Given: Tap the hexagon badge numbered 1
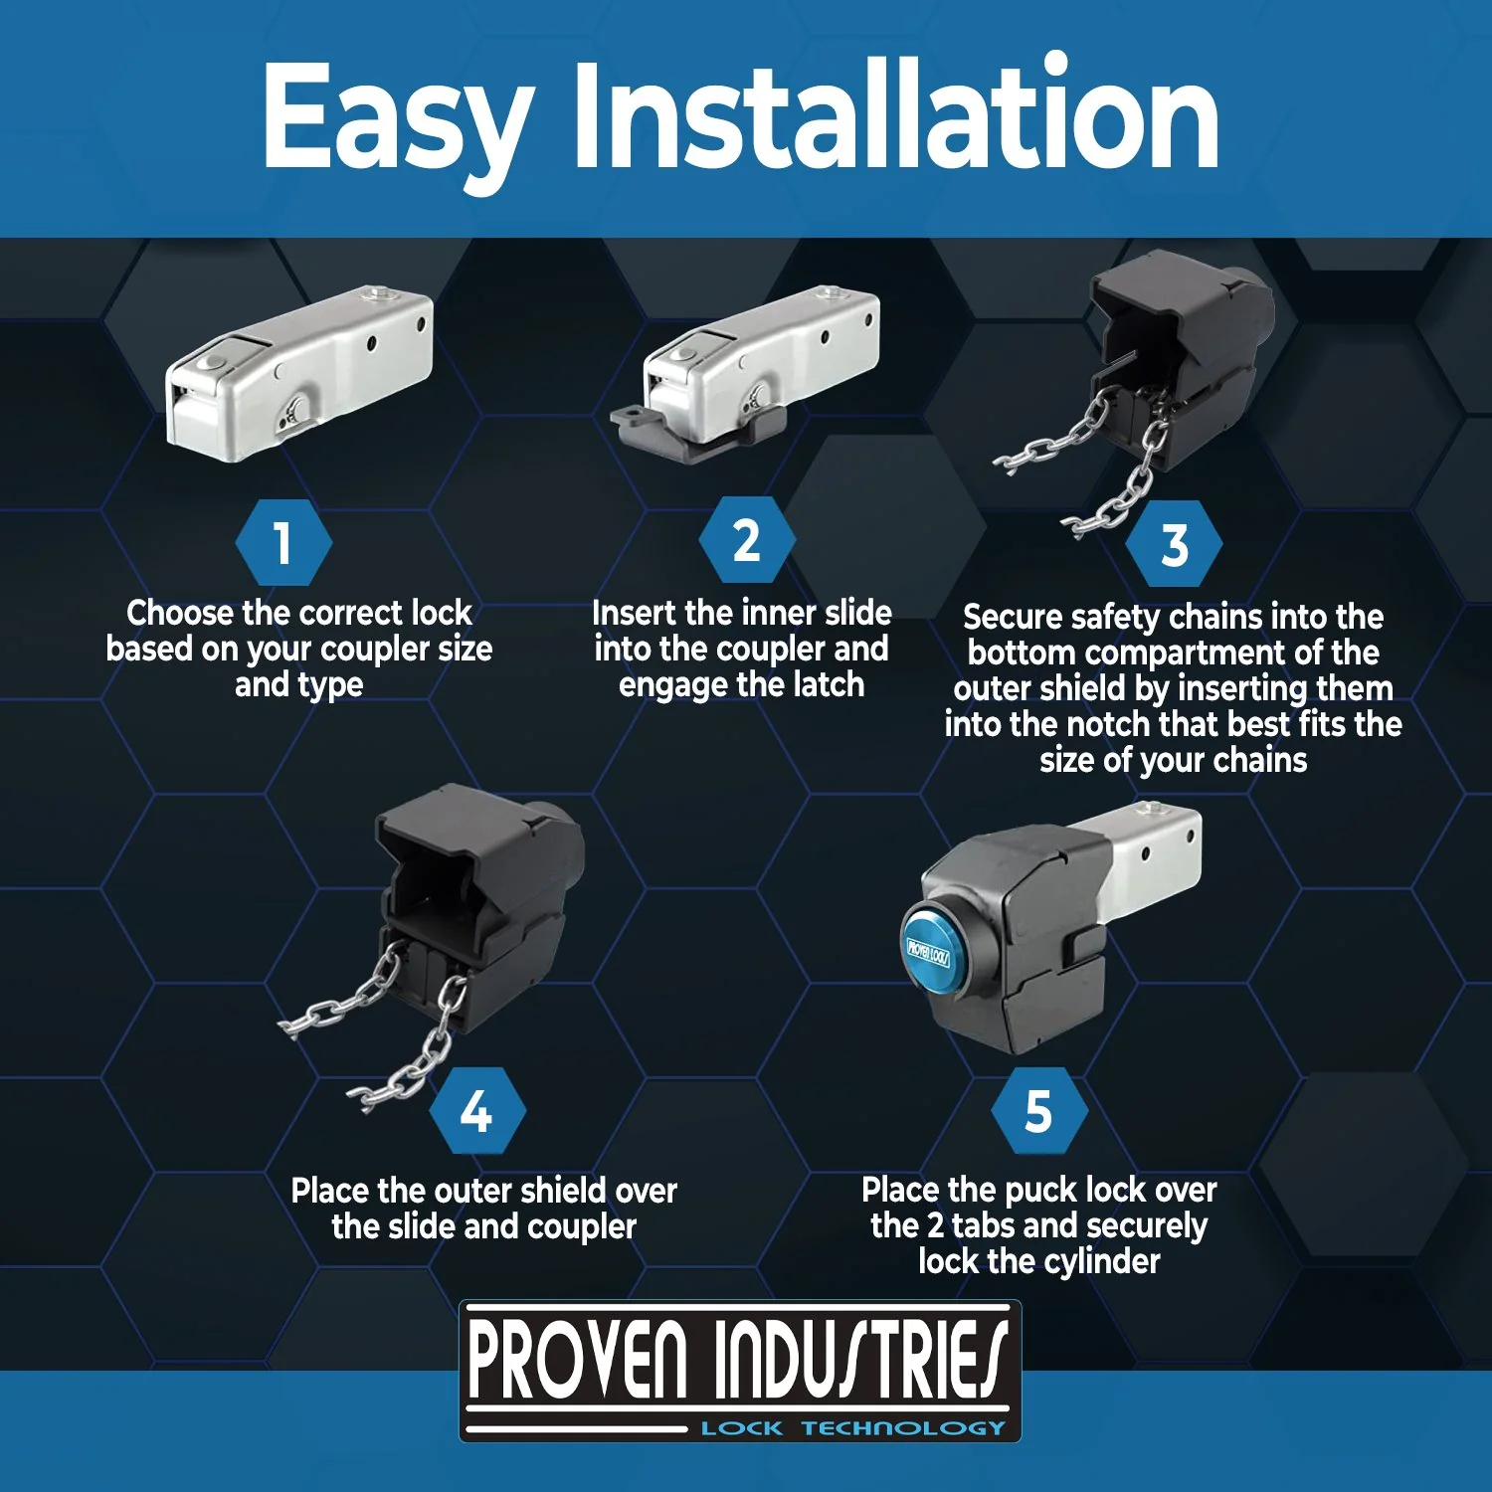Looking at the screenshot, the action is click(283, 542).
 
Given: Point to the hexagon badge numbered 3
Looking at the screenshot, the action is click(1175, 544).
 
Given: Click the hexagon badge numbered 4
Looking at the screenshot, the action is click(477, 1110).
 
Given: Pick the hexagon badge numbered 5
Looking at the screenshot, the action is click(1039, 1110).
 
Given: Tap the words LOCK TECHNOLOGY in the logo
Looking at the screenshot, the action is click(853, 1428).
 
